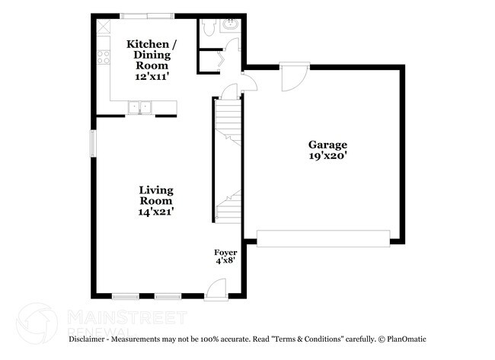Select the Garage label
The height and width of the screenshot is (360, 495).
pyautogui.click(x=327, y=145)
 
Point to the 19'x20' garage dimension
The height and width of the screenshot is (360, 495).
pyautogui.click(x=327, y=156)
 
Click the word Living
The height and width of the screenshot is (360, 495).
pyautogui.click(x=155, y=190)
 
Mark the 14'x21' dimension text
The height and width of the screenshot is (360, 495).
pyautogui.click(x=155, y=212)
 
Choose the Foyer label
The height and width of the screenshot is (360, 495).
pyautogui.click(x=225, y=252)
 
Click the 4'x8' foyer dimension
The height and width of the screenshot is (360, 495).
pyautogui.click(x=225, y=260)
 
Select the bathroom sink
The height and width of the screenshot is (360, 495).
pyautogui.click(x=229, y=25)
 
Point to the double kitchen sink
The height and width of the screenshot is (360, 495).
pyautogui.click(x=139, y=107)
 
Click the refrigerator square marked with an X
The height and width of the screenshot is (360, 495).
pyautogui.click(x=104, y=24)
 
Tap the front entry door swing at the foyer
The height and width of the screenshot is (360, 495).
pyautogui.click(x=217, y=288)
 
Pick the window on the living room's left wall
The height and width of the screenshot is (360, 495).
pyautogui.click(x=94, y=144)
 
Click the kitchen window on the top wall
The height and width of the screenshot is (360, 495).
pyautogui.click(x=146, y=14)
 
